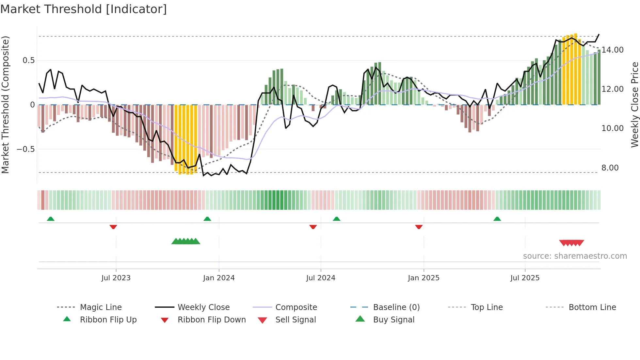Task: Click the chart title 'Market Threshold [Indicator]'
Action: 84,9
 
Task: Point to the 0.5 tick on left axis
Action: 28,60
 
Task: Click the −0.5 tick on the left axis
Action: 25,149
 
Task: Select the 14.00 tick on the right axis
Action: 612,50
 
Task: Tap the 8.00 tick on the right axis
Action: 610,168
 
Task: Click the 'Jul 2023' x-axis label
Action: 116,278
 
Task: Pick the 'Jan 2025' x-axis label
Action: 424,278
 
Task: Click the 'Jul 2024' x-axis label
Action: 321,278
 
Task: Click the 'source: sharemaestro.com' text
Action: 575,256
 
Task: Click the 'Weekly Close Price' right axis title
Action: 634,105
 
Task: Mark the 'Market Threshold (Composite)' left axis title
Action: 5,105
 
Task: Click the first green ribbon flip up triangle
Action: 51,219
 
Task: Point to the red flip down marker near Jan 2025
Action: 419,227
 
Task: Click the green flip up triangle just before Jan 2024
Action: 207,219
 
